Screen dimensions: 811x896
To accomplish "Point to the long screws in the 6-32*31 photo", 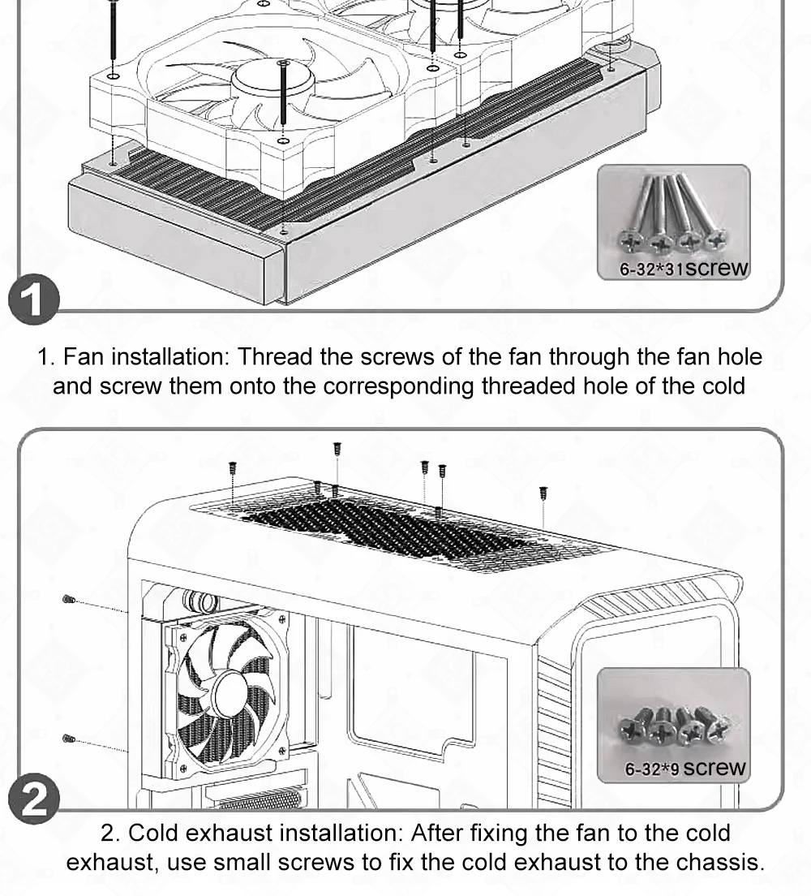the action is coord(674,215).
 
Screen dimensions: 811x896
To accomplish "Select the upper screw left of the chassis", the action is coord(69,600).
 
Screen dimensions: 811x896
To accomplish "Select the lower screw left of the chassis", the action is coord(69,739).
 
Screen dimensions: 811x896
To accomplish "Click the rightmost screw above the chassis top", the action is coord(543,492).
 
